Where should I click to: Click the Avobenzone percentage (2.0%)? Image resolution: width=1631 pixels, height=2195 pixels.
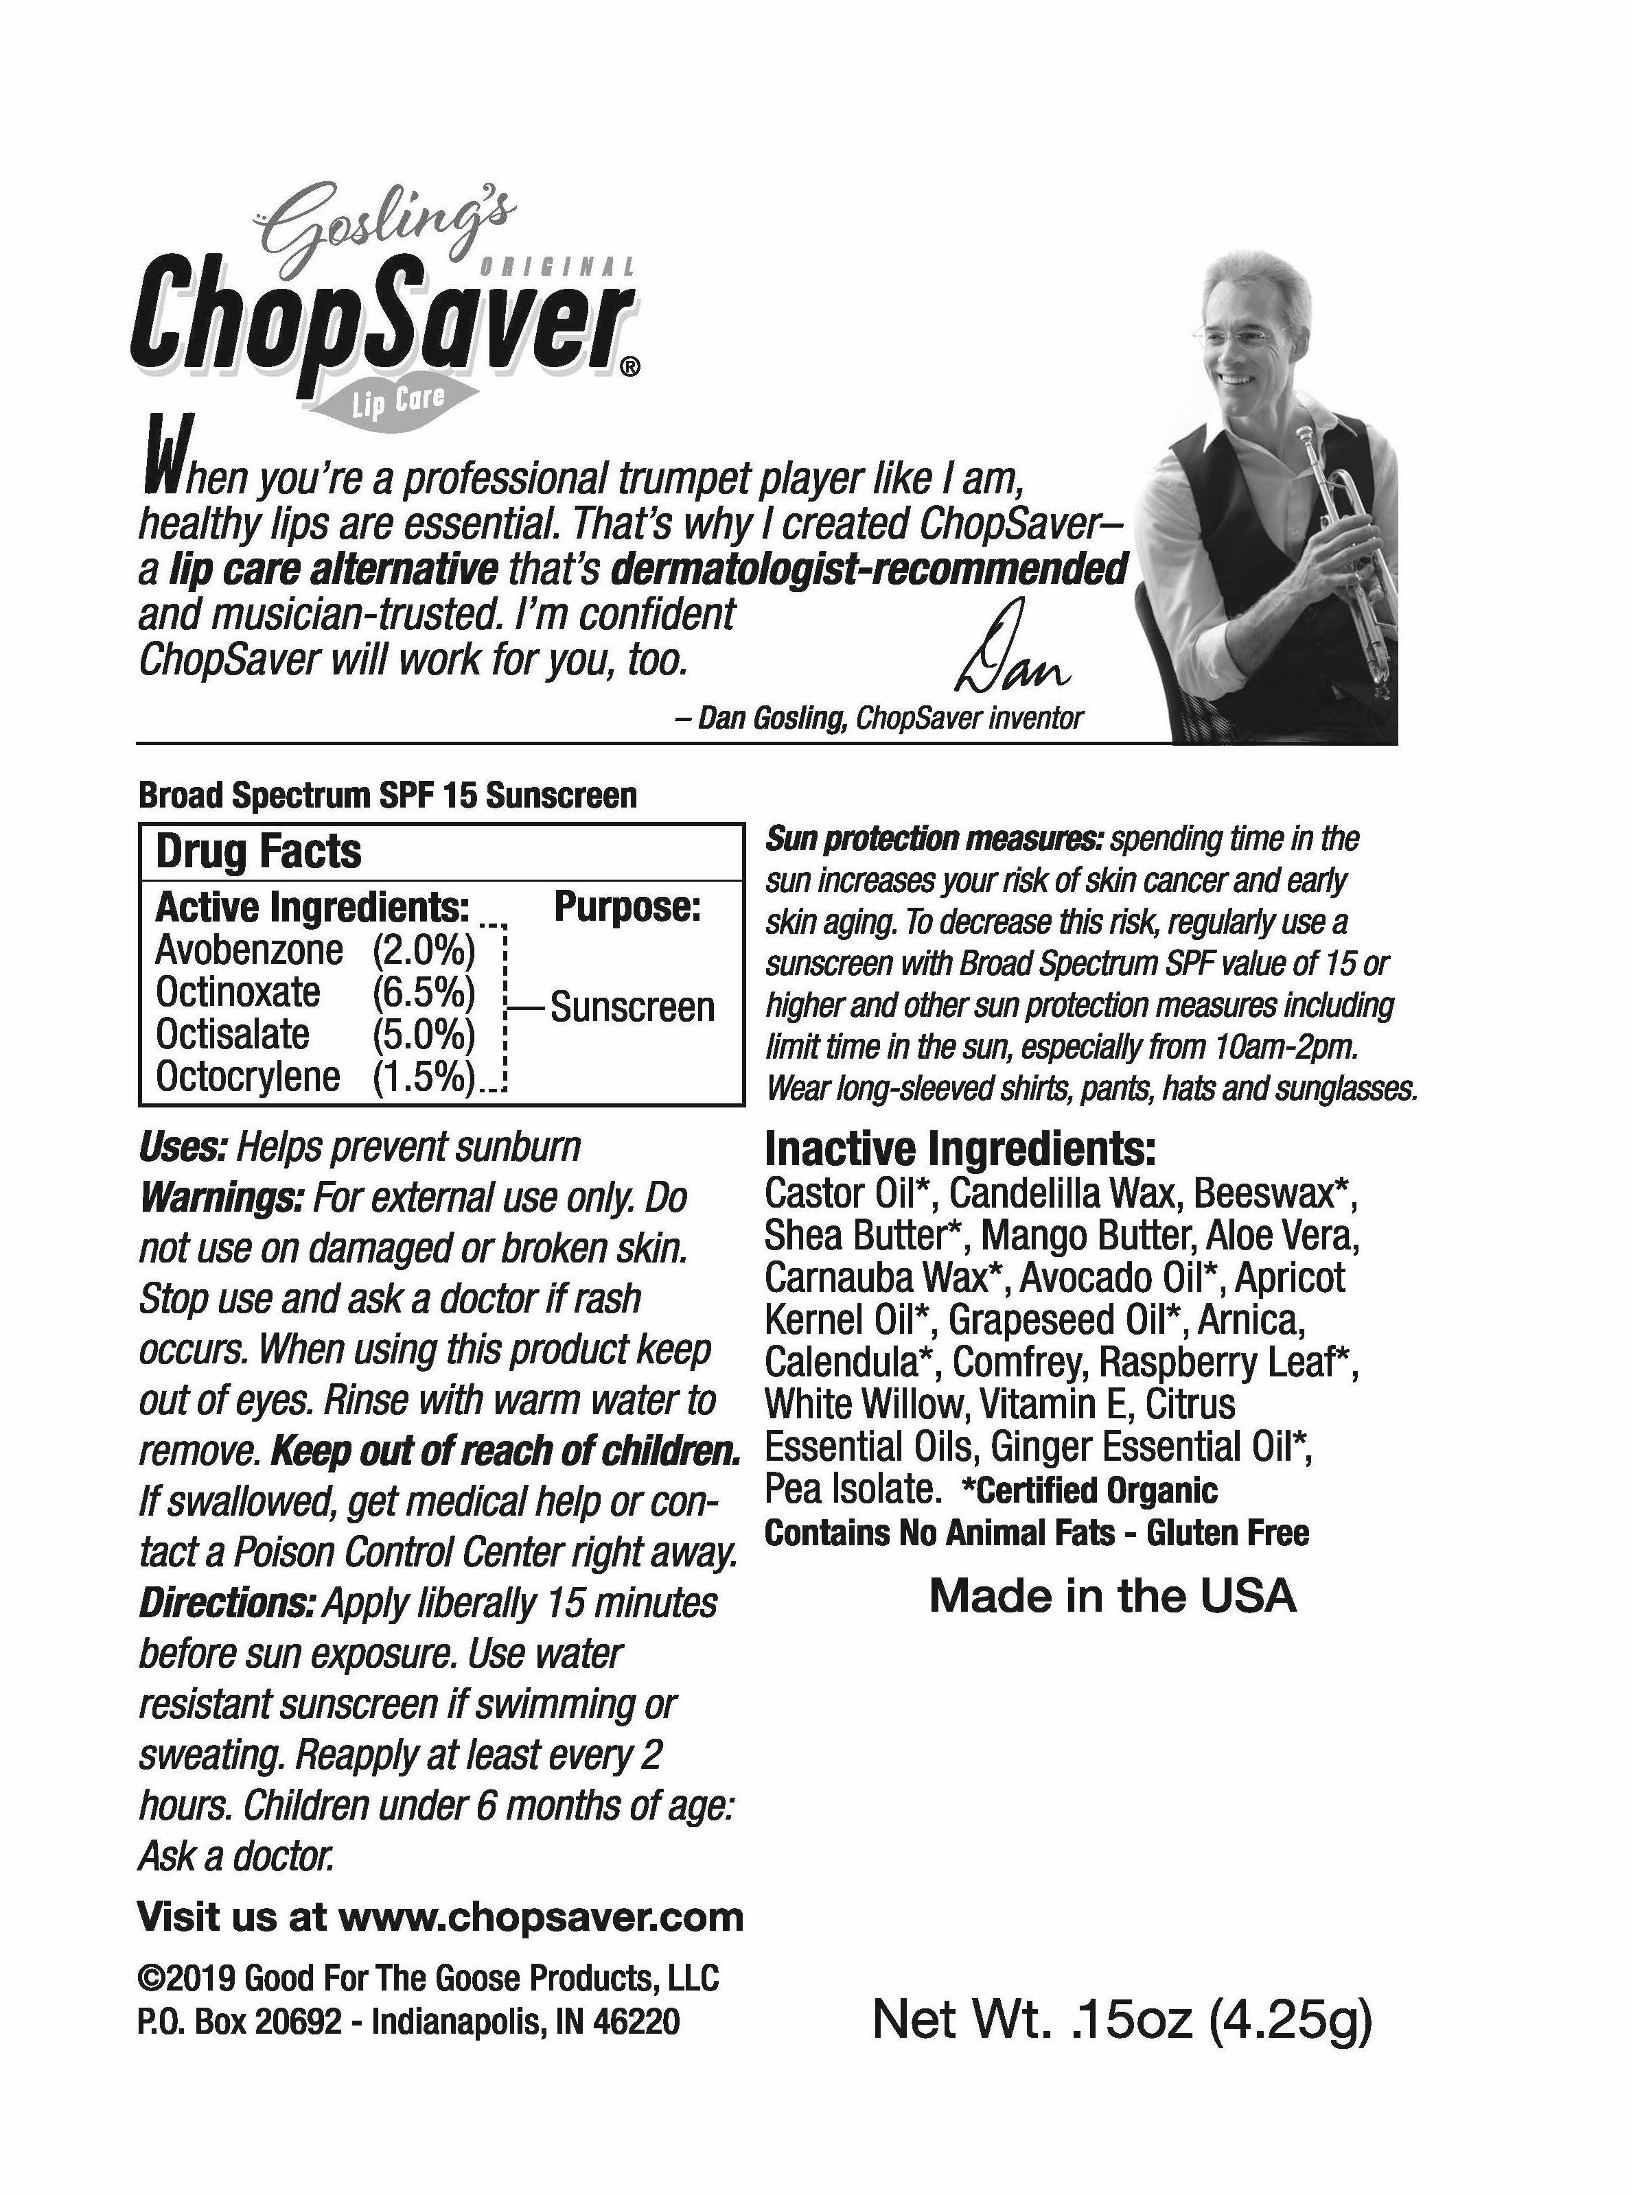coord(424,950)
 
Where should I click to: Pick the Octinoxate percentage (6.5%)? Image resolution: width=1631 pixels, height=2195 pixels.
coord(424,992)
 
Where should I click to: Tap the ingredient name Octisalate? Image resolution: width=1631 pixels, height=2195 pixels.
coord(233,1034)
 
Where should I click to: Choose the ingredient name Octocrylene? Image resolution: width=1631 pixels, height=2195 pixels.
coord(248,1077)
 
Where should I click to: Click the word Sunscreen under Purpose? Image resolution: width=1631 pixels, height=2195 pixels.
coord(632,1008)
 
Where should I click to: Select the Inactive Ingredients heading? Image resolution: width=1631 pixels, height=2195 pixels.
coord(960,1149)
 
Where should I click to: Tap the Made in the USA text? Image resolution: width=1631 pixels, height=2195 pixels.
coord(1113,1597)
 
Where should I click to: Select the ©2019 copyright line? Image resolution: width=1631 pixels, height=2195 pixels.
coord(428,1979)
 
